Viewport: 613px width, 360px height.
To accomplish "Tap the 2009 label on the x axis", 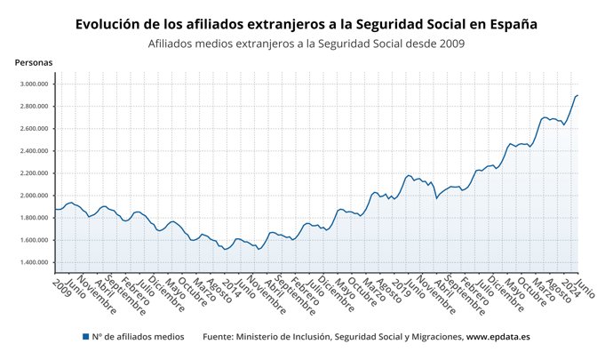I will click(61, 285).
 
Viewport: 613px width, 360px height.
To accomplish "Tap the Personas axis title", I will click(34, 62).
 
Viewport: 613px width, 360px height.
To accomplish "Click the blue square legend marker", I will click(85, 338).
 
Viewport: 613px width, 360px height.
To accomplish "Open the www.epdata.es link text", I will click(498, 338).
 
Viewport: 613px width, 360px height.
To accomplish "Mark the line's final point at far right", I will click(577, 95).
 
